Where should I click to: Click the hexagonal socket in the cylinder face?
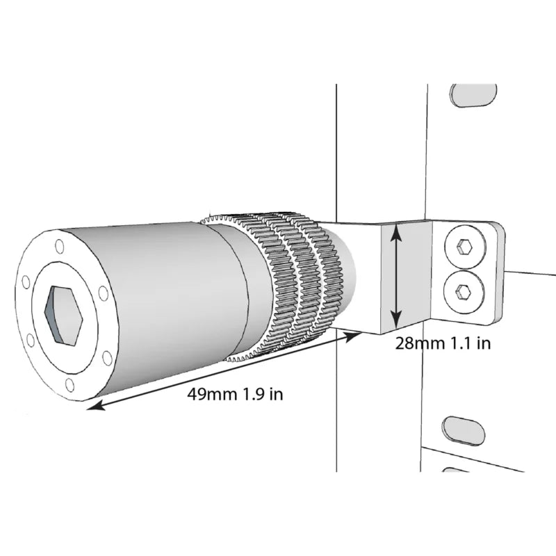63,315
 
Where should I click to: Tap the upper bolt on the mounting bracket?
465,246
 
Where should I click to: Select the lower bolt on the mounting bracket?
464,292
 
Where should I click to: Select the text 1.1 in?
471,343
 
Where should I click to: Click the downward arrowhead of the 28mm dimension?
396,318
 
